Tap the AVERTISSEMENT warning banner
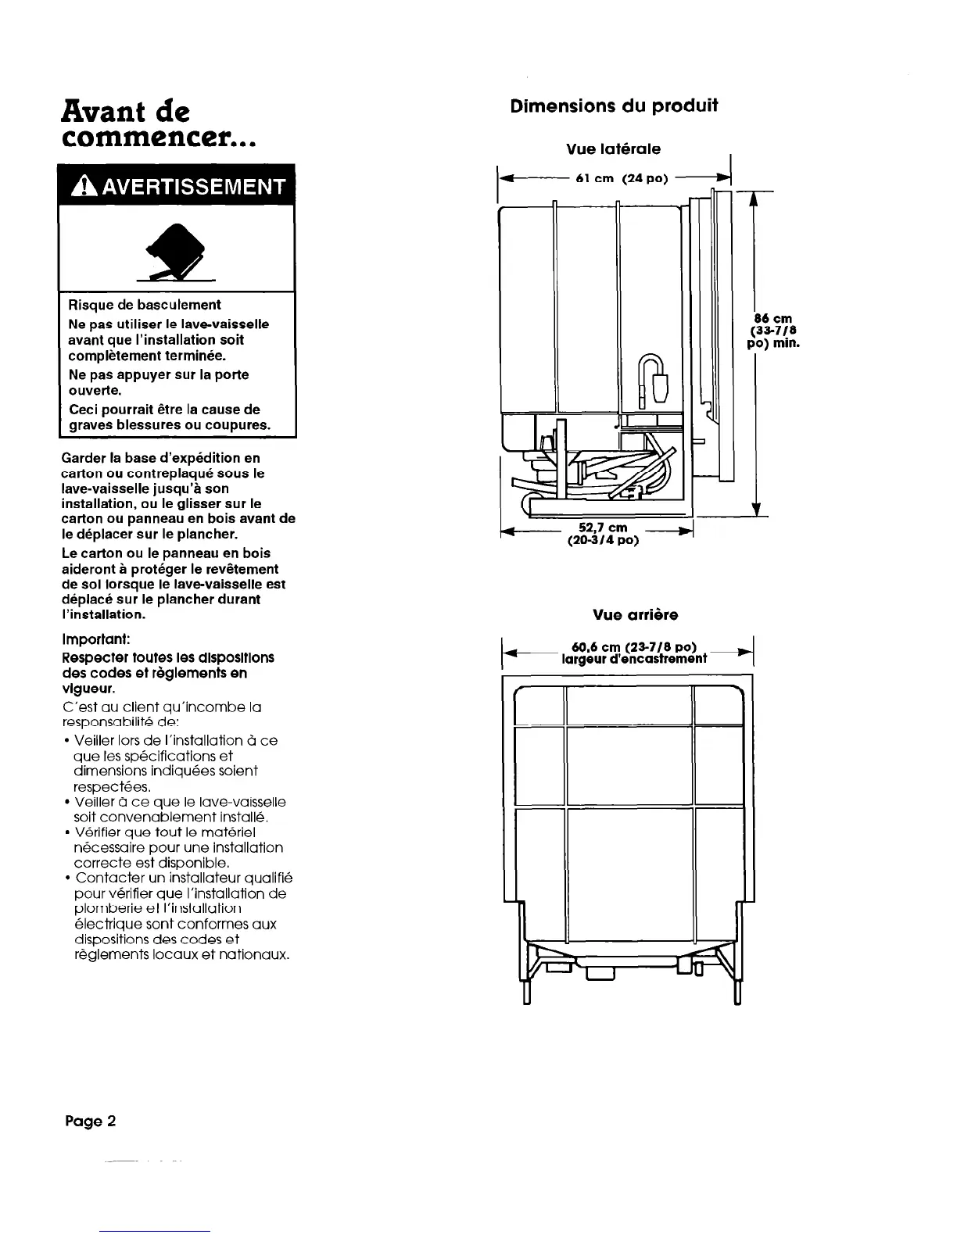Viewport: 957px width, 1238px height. [177, 186]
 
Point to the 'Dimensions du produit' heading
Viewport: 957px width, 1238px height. [614, 106]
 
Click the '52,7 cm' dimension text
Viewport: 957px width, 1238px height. [603, 528]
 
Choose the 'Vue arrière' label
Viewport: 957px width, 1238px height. [625, 615]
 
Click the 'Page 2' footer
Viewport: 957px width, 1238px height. [90, 1121]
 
